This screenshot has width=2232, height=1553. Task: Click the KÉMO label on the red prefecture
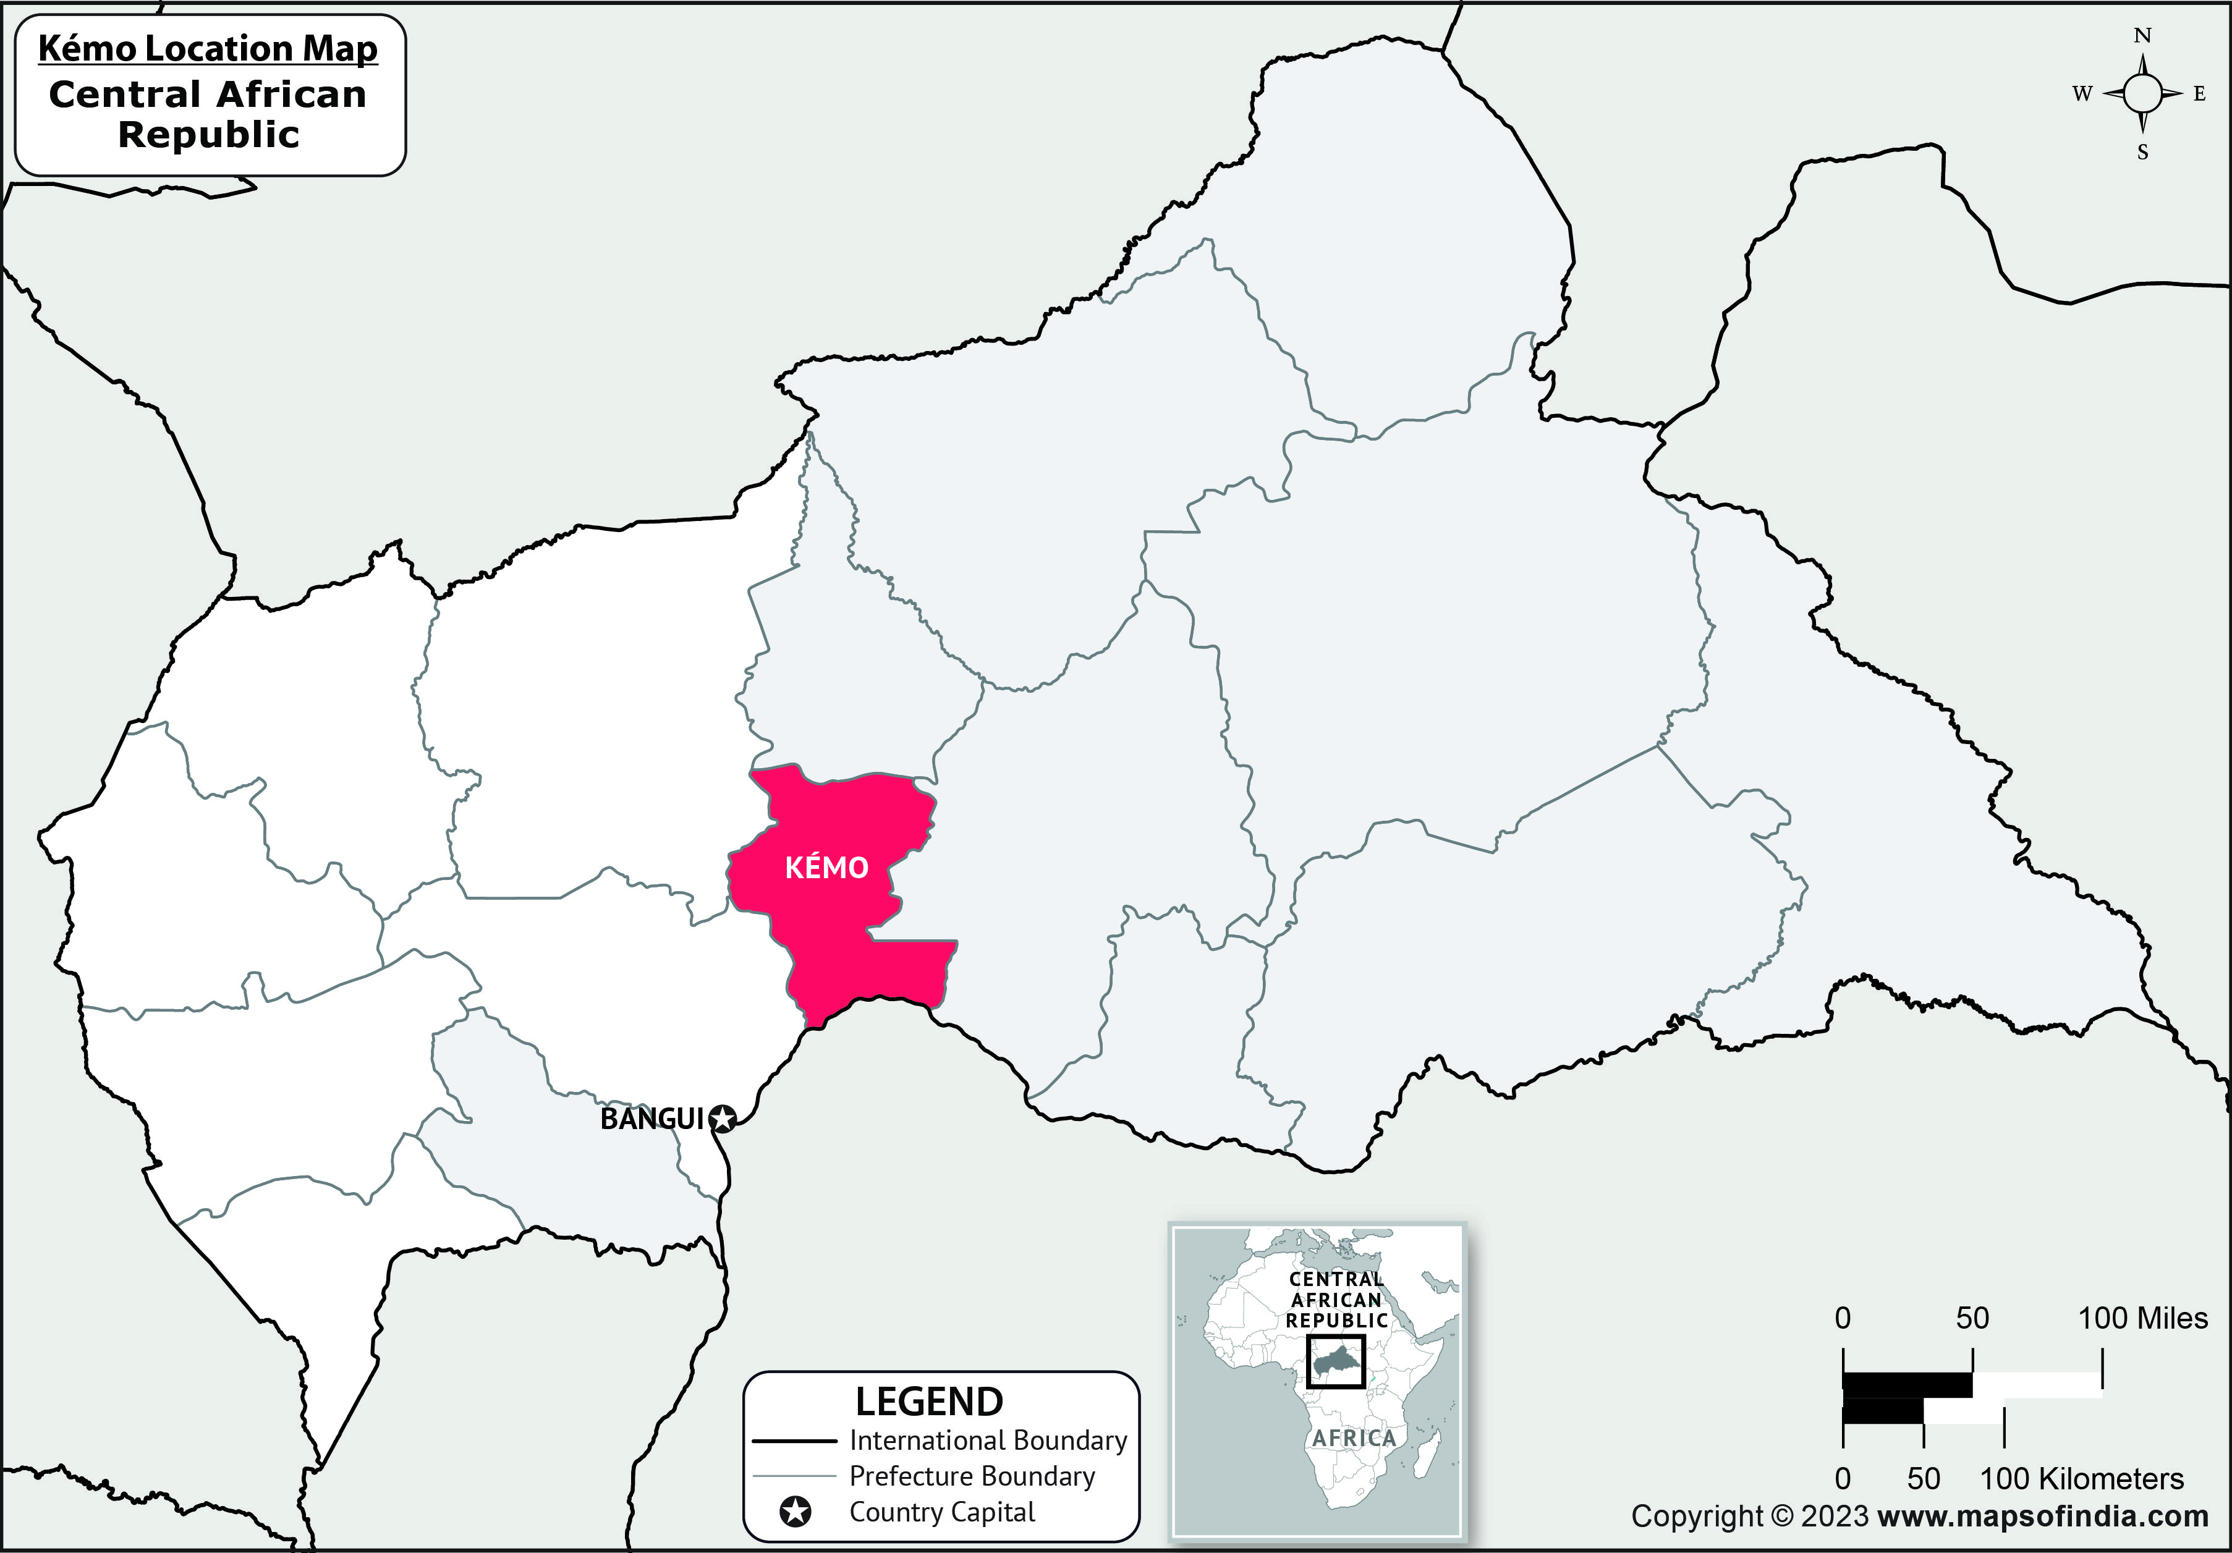coord(826,867)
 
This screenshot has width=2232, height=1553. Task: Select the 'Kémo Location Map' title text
coord(208,49)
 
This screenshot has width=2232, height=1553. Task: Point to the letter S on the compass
coord(2142,153)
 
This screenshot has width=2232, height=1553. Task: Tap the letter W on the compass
coord(2081,95)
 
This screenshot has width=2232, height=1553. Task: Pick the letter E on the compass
coord(2199,95)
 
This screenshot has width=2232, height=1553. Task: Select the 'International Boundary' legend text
coord(988,1441)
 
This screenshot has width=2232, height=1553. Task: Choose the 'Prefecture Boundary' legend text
coord(972,1476)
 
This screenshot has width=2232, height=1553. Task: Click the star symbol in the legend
coord(795,1512)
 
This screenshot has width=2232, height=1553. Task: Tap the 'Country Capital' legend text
coord(942,1512)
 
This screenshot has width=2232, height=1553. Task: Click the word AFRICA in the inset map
coord(1353,1438)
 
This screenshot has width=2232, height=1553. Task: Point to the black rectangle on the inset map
coord(1336,1361)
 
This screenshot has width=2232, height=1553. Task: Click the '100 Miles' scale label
coord(2142,1319)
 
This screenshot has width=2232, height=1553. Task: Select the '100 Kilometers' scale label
coord(2081,1479)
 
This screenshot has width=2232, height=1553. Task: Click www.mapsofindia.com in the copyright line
coord(2043,1516)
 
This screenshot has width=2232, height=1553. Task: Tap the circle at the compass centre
coord(2142,95)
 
